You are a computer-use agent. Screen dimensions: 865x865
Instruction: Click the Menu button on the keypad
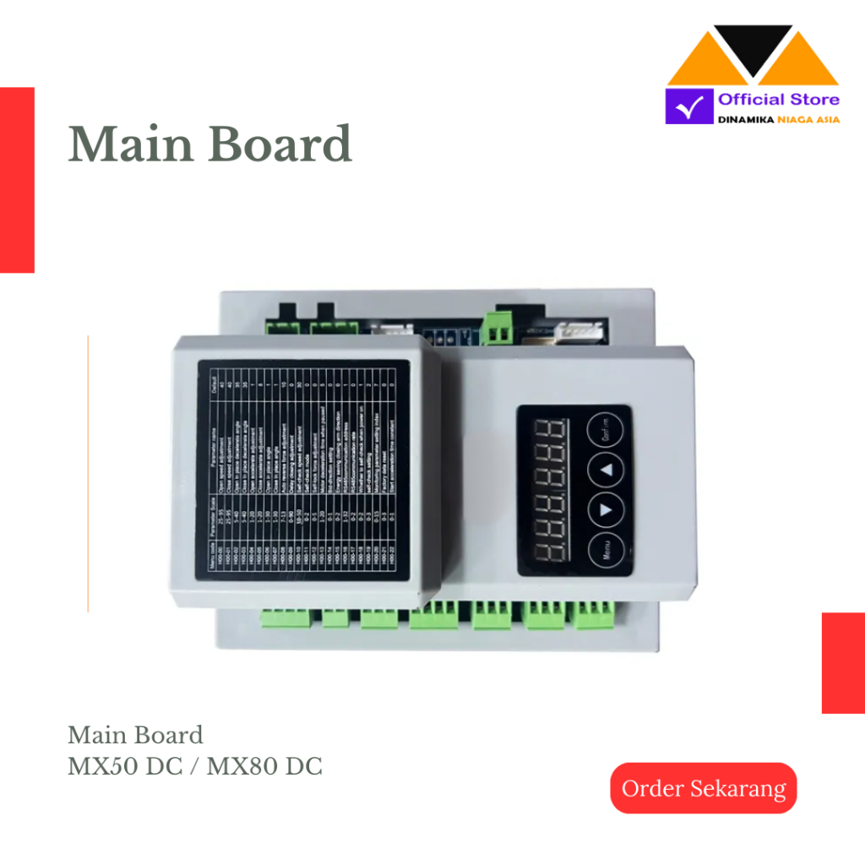[607, 553]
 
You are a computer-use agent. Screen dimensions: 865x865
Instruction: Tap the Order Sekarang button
[704, 788]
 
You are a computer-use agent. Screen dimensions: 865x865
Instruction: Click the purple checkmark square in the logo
[688, 106]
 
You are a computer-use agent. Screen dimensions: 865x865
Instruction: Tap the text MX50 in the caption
[101, 767]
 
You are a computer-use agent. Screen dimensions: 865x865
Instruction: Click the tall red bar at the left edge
[17, 180]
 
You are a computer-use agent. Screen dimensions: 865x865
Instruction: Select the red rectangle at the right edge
[843, 663]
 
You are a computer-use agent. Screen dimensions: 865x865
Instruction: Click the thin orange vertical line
[88, 473]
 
